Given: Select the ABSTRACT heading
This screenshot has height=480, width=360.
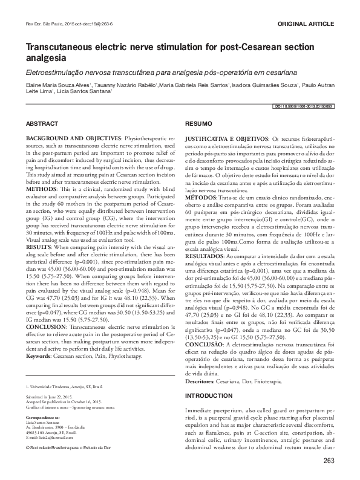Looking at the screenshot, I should pyautogui.click(x=42, y=123).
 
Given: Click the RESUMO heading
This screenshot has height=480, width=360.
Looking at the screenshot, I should pyautogui.click(x=197, y=123).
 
